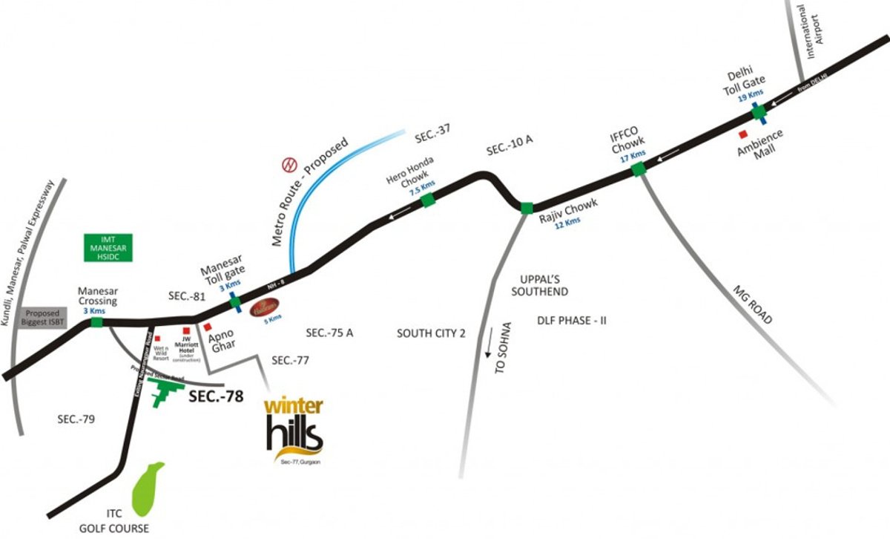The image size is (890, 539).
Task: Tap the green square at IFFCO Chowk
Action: click(x=638, y=170)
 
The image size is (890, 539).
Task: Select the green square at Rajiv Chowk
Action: click(x=526, y=208)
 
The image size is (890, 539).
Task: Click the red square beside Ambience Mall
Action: click(x=743, y=134)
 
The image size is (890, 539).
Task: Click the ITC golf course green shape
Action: click(x=147, y=489)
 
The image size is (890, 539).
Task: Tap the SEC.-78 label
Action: click(x=216, y=396)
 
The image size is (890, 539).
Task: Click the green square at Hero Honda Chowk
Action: click(x=428, y=200)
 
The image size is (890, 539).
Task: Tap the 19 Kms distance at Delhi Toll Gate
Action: click(x=756, y=94)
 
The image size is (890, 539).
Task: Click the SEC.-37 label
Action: click(x=432, y=137)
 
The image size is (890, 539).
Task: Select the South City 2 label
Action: click(x=430, y=333)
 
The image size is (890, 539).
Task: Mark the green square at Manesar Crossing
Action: click(x=96, y=324)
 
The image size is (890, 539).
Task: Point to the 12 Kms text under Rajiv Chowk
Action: click(x=567, y=221)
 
